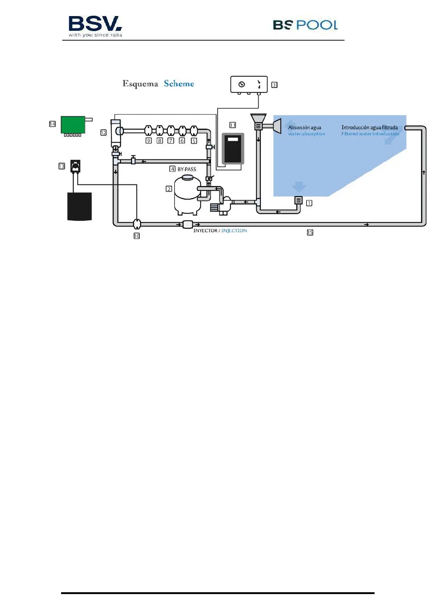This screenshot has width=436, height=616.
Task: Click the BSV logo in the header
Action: [x=95, y=26]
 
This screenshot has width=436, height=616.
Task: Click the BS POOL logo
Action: [x=305, y=25]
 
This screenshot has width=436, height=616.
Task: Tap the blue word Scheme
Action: [x=179, y=84]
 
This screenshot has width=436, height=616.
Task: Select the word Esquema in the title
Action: [x=140, y=84]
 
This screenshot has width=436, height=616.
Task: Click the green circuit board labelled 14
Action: [x=73, y=125]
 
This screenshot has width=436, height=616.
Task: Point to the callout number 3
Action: [x=274, y=85]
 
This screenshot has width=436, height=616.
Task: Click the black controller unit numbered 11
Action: [x=233, y=148]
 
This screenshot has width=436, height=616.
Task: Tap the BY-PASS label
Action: [x=187, y=169]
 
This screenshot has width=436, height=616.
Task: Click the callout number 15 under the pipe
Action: [x=310, y=232]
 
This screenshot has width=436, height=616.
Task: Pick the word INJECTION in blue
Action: [x=234, y=231]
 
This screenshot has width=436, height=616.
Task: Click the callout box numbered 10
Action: [x=137, y=236]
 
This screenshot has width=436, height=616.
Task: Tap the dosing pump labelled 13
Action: [x=75, y=166]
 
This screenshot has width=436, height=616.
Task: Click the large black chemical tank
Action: [x=79, y=207]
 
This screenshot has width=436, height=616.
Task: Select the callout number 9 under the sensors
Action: [x=149, y=141]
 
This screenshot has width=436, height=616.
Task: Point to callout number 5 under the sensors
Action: [x=194, y=141]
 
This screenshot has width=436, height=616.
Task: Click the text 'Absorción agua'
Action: [x=304, y=128]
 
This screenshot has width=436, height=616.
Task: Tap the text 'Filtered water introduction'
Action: [x=370, y=134]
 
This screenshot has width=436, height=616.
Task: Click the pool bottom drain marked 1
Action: [x=298, y=200]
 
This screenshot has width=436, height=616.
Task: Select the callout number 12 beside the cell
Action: [x=104, y=133]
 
